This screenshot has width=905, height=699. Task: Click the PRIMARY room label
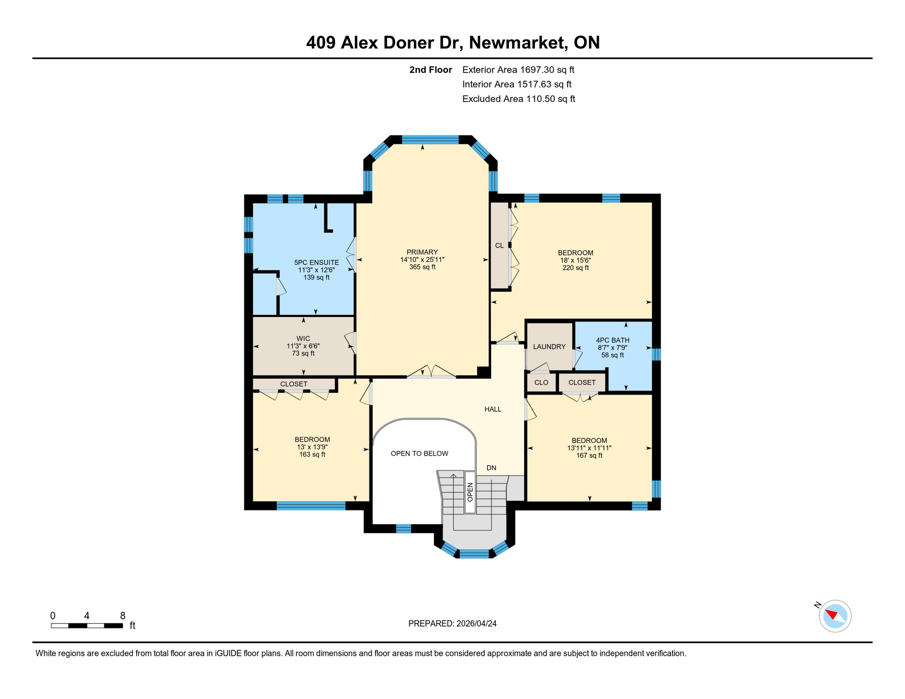pyautogui.click(x=422, y=252)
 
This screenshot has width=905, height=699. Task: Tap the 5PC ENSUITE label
pyautogui.click(x=316, y=263)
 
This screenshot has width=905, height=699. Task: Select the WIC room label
pyautogui.click(x=303, y=339)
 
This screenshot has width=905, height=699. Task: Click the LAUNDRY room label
pyautogui.click(x=549, y=347)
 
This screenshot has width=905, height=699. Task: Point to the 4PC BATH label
pyautogui.click(x=612, y=340)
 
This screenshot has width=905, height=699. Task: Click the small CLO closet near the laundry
pyautogui.click(x=541, y=383)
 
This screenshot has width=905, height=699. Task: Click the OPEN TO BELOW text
pyautogui.click(x=419, y=454)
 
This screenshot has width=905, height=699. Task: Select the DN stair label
pyautogui.click(x=491, y=468)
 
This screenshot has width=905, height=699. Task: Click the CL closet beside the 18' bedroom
pyautogui.click(x=499, y=246)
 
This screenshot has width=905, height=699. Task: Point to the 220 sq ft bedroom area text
pyautogui.click(x=575, y=268)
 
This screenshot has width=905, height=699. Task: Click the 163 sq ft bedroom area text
pyautogui.click(x=312, y=455)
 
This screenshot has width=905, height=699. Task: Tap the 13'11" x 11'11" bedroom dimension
pyautogui.click(x=589, y=448)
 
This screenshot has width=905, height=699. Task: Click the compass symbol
pyautogui.click(x=835, y=616)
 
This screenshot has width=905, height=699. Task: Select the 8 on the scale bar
pyautogui.click(x=122, y=616)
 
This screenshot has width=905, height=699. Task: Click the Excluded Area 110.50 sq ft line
pyautogui.click(x=519, y=99)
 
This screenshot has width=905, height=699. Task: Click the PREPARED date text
pyautogui.click(x=452, y=624)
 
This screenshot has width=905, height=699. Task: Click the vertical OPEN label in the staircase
pyautogui.click(x=470, y=492)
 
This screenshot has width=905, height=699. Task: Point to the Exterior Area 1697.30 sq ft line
pyautogui.click(x=518, y=70)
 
